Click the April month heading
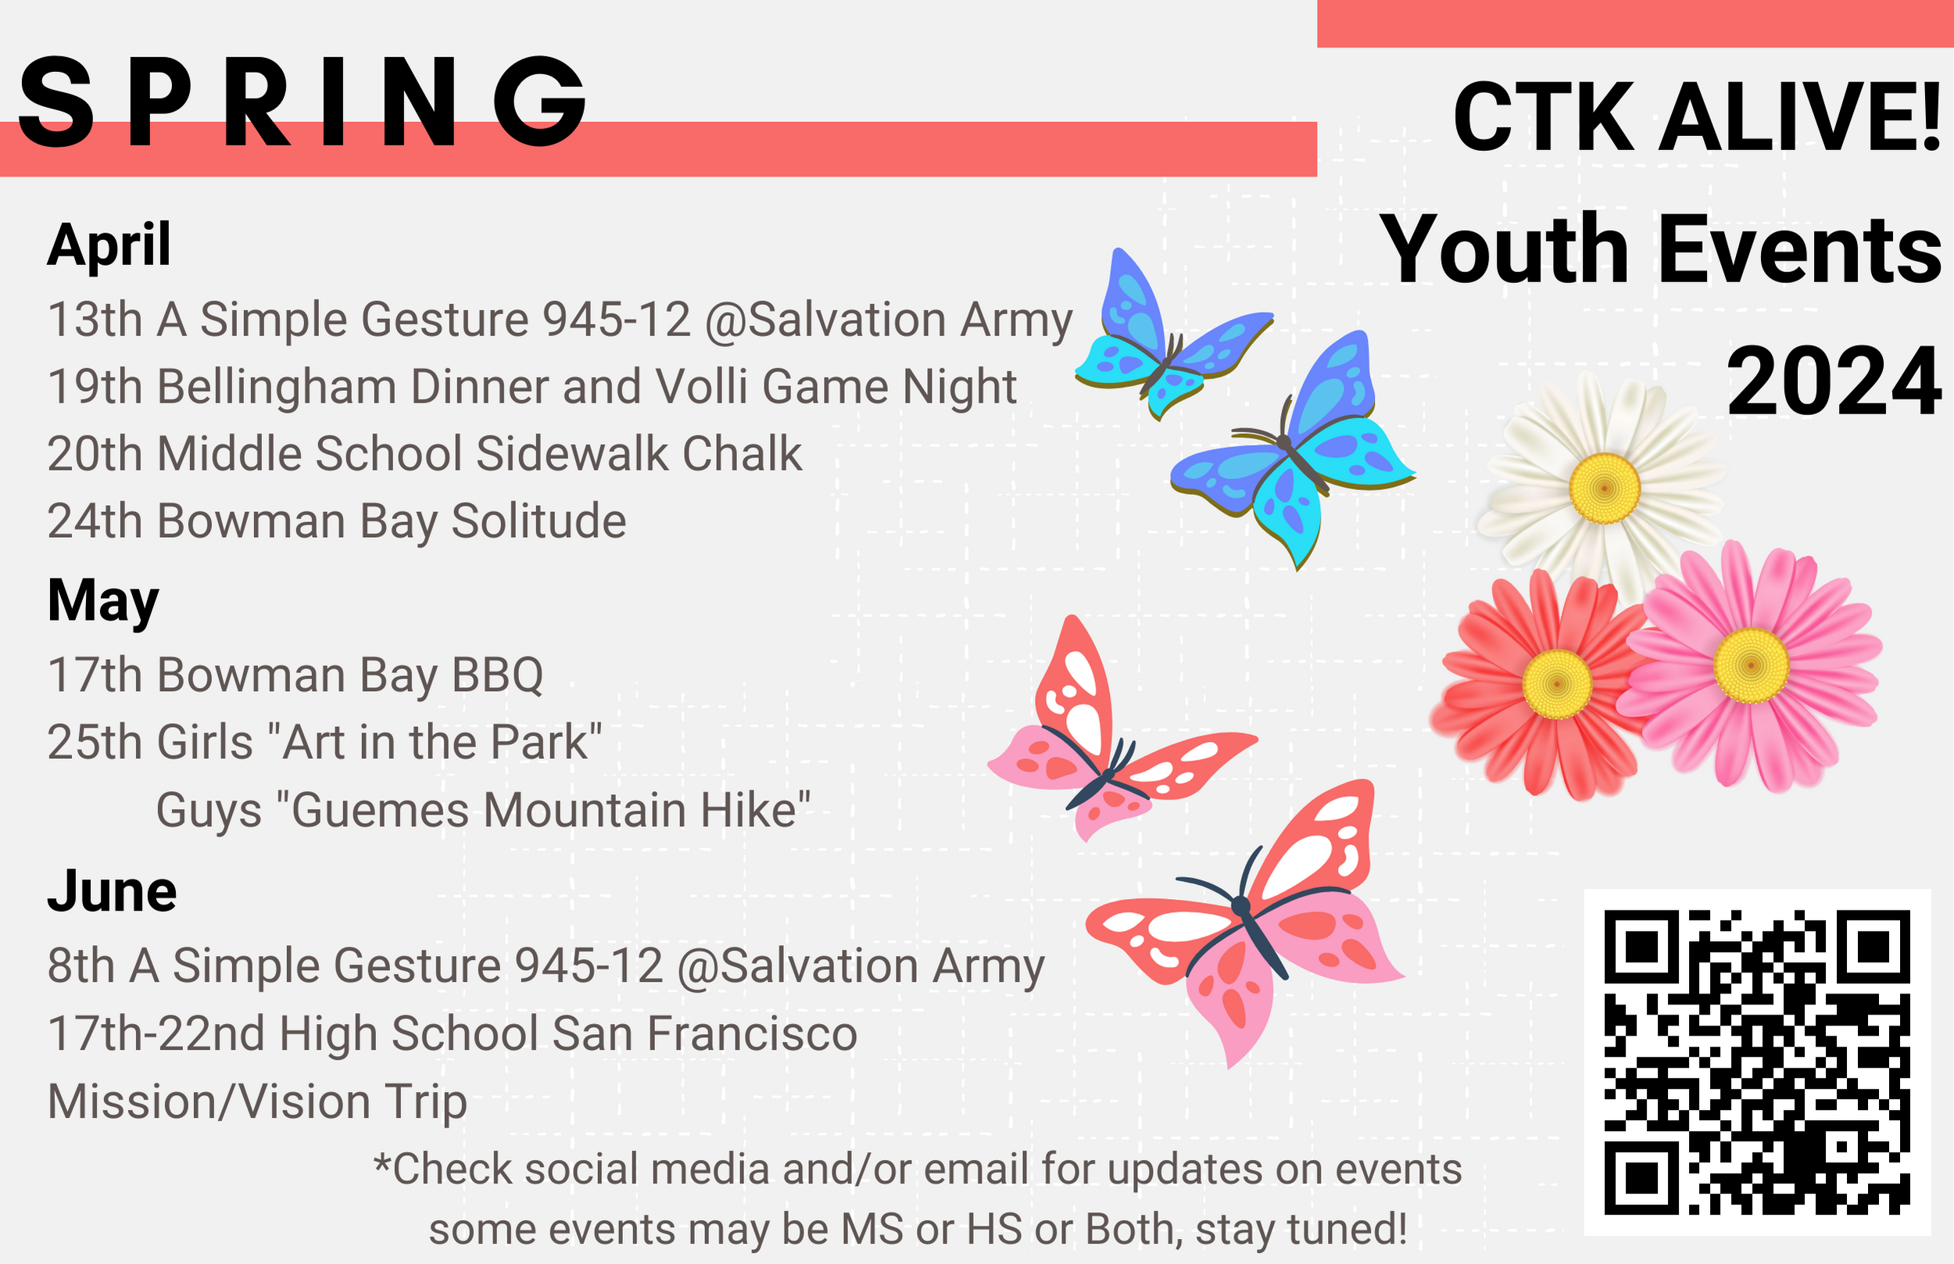tap(109, 245)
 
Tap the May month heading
tap(102, 601)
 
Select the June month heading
tap(112, 891)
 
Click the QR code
tap(1756, 1062)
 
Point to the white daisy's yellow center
tap(1605, 489)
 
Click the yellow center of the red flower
tap(1557, 684)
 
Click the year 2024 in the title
tap(1834, 381)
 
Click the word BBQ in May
tap(497, 675)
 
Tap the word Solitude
tap(539, 521)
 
